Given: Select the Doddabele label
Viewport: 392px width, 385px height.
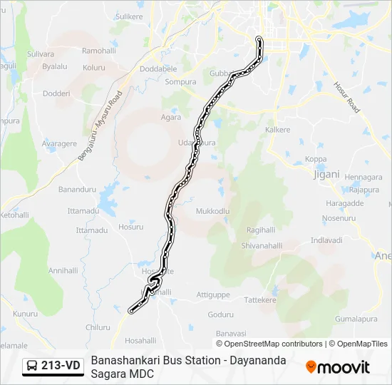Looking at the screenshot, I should click(158, 68).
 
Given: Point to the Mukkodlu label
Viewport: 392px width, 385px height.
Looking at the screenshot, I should click(212, 212).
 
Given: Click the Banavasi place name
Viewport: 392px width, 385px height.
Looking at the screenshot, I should click(231, 333).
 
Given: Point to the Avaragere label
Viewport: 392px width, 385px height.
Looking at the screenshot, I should click(59, 143).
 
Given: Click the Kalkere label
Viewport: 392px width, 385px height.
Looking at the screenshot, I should click(278, 130).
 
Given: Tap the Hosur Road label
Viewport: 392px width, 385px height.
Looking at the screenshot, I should click(347, 96).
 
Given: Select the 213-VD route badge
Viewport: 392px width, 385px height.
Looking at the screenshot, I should click(53, 366).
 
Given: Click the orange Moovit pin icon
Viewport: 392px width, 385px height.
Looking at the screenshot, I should click(311, 367).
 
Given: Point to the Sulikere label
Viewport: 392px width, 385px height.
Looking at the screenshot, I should click(129, 16).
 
